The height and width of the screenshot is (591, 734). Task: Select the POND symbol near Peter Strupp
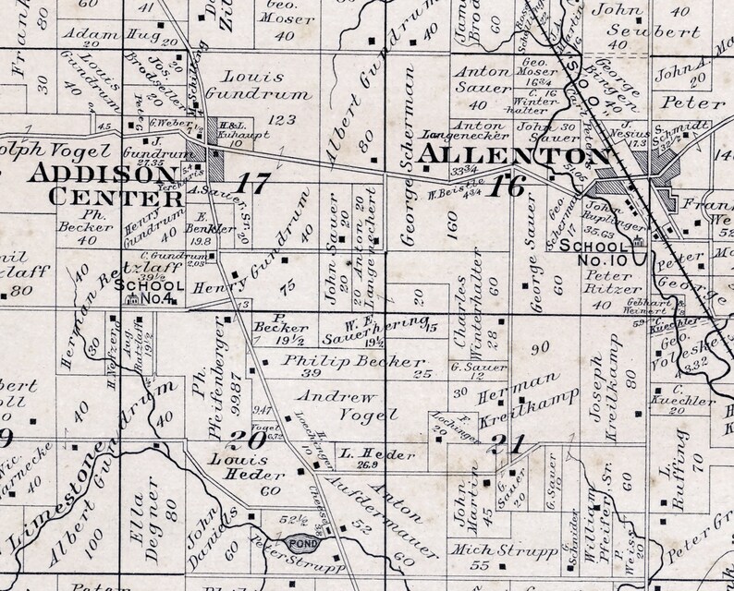[302, 545]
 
